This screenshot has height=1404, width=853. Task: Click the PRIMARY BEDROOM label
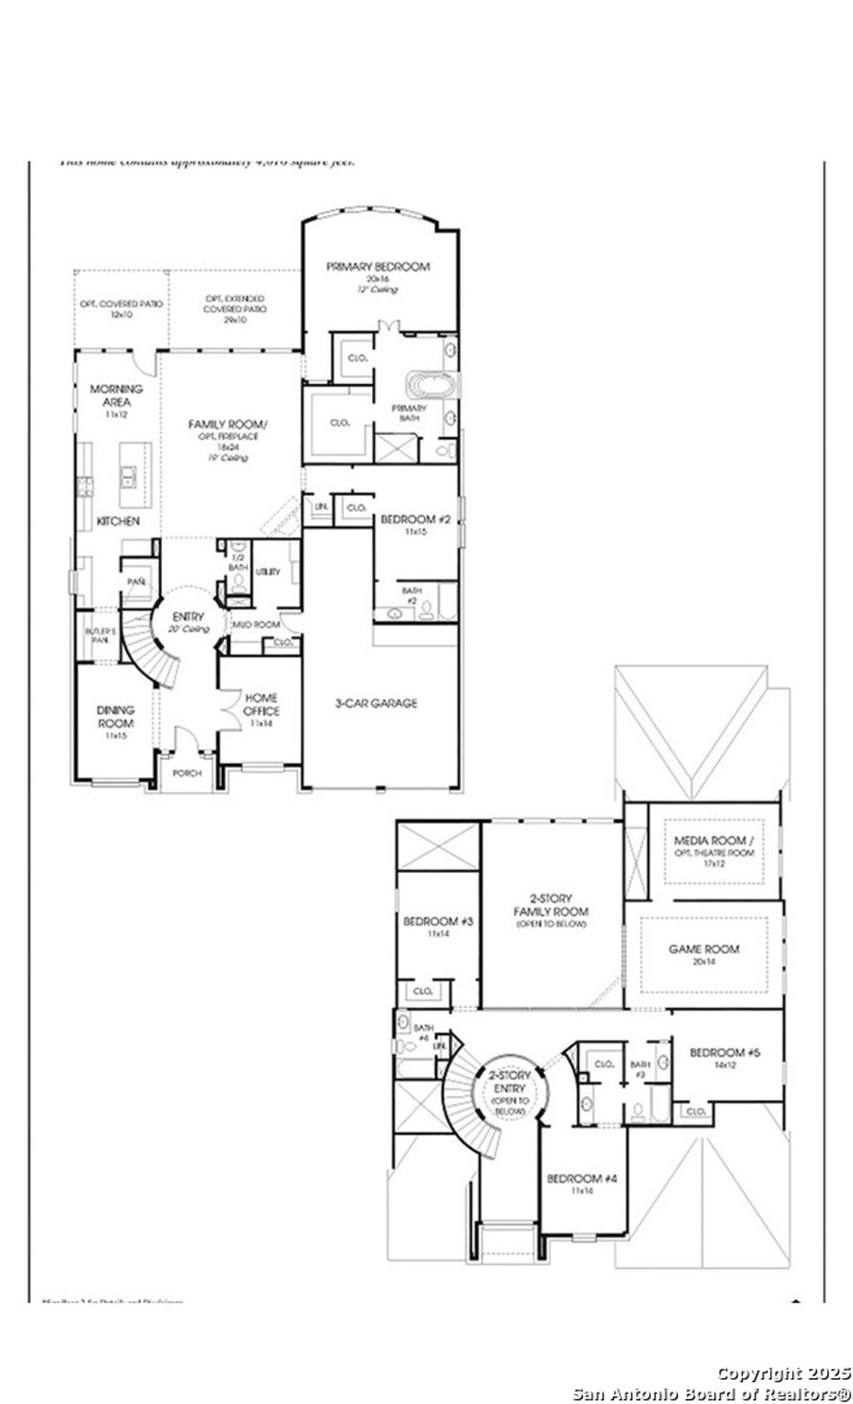coord(377,266)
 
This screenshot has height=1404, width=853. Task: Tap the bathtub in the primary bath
coord(431,385)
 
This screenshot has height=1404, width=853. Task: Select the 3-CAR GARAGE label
coord(377,703)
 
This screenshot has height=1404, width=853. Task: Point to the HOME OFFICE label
coord(261,704)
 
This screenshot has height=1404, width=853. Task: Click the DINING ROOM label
coord(115,716)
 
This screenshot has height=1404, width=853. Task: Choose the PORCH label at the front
coord(187,773)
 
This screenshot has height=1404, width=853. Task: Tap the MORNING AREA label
coord(117,395)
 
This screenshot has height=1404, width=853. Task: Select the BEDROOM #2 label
coord(415,520)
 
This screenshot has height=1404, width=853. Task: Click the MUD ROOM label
coord(255,625)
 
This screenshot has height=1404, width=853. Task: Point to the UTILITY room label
coord(268,571)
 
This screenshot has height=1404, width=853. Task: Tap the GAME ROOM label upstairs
coord(704,948)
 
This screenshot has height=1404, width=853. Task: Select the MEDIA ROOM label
coord(714,840)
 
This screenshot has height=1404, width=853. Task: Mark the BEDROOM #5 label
coord(725,1053)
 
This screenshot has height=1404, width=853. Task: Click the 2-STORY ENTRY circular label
coord(510,1088)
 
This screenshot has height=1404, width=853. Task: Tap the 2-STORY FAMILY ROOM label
coord(551,904)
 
